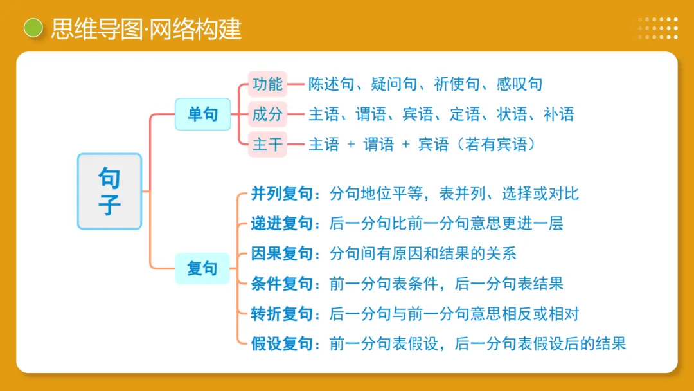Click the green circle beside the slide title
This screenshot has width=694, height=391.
point(33,28)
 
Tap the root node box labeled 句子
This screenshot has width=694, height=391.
point(109,191)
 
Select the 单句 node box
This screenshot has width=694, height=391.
point(202,114)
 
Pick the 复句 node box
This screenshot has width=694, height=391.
point(202,268)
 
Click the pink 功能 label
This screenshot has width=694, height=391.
point(267,84)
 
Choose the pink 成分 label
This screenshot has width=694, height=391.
point(267,114)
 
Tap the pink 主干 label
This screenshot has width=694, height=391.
point(267,145)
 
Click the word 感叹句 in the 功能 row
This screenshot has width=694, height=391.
point(519,84)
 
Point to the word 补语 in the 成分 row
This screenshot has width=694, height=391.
point(558,114)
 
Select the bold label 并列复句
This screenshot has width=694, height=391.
point(281,194)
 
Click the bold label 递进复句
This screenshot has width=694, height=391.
point(281,224)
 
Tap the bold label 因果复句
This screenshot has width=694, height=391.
point(281,253)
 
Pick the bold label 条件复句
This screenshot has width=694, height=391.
point(281,284)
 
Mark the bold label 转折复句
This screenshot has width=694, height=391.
point(281,314)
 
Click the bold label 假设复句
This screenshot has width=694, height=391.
point(281,344)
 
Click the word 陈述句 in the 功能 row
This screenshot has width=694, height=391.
point(331,84)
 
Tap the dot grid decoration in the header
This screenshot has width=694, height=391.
point(658,28)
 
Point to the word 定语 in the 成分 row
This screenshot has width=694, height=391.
point(465,114)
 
